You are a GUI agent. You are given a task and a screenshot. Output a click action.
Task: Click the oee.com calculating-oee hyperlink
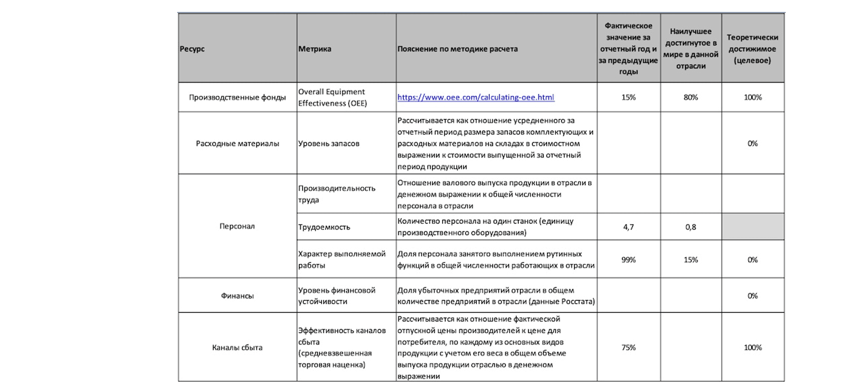(475, 97)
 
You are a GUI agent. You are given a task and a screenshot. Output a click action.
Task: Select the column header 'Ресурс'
(192, 49)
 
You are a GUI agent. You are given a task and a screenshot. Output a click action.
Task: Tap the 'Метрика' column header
(314, 49)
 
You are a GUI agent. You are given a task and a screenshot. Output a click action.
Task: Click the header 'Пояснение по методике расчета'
(457, 49)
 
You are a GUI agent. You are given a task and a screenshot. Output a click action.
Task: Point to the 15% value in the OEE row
(628, 97)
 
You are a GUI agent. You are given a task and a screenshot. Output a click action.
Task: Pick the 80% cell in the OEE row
(691, 97)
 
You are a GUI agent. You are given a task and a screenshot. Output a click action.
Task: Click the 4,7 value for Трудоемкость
(628, 227)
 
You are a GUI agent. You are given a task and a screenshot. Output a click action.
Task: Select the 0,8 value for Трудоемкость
(691, 227)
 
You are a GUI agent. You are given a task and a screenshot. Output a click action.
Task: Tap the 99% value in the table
(628, 260)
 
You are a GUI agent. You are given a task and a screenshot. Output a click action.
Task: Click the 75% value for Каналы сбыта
(628, 347)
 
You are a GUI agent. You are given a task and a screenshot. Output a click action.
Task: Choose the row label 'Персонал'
(237, 226)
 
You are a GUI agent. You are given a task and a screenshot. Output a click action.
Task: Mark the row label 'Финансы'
(237, 296)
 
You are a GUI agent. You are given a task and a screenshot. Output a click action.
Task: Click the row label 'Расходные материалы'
(237, 143)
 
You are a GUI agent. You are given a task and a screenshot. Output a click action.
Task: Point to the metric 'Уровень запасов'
(329, 143)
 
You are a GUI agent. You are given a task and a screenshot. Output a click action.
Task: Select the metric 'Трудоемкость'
(324, 227)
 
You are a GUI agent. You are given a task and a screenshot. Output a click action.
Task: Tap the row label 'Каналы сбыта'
(237, 347)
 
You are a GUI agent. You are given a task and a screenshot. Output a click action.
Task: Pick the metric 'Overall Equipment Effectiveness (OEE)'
(332, 97)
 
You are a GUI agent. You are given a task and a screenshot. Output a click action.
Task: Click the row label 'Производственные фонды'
(237, 97)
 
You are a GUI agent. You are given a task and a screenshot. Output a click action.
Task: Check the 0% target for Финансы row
(753, 296)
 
